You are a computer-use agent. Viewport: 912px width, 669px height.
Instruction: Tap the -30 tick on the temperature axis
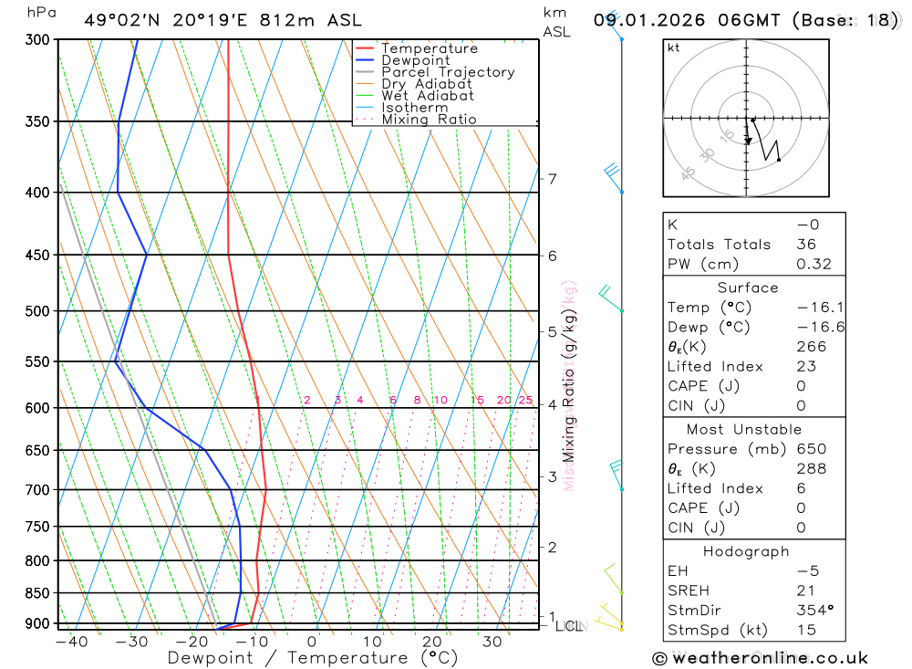tap(131, 641)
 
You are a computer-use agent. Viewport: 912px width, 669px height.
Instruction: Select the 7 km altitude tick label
tap(552, 179)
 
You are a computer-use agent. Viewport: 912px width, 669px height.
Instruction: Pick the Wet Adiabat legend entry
tap(428, 96)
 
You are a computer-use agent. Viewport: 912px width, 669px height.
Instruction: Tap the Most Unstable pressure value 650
tap(811, 449)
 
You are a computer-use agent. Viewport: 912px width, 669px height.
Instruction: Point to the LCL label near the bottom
tap(570, 626)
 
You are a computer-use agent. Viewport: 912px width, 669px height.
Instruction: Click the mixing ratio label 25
tap(525, 400)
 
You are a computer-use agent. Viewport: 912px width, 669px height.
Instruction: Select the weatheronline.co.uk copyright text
tap(761, 657)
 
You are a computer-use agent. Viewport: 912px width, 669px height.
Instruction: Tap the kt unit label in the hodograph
tap(674, 47)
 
